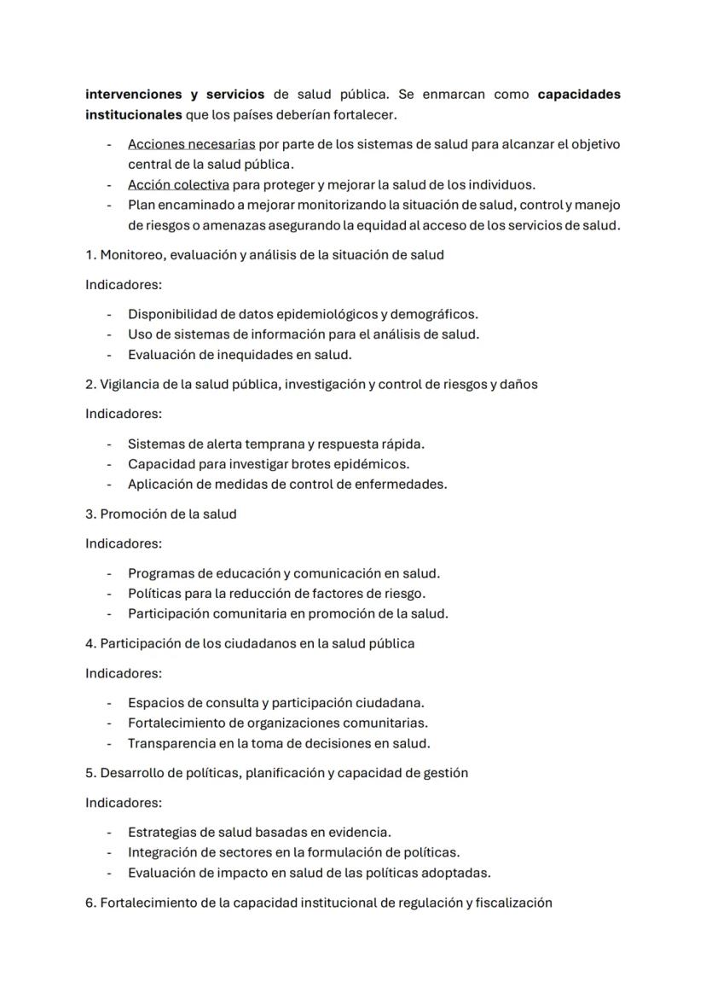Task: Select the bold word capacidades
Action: coord(579,95)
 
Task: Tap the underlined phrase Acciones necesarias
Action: coord(179,145)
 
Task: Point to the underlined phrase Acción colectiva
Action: coord(178,185)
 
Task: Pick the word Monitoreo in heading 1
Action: coord(130,255)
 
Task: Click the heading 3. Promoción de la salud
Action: coord(161,514)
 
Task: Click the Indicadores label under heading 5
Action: coord(124,804)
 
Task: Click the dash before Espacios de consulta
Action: coord(109,704)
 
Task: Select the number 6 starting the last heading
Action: coord(90,903)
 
